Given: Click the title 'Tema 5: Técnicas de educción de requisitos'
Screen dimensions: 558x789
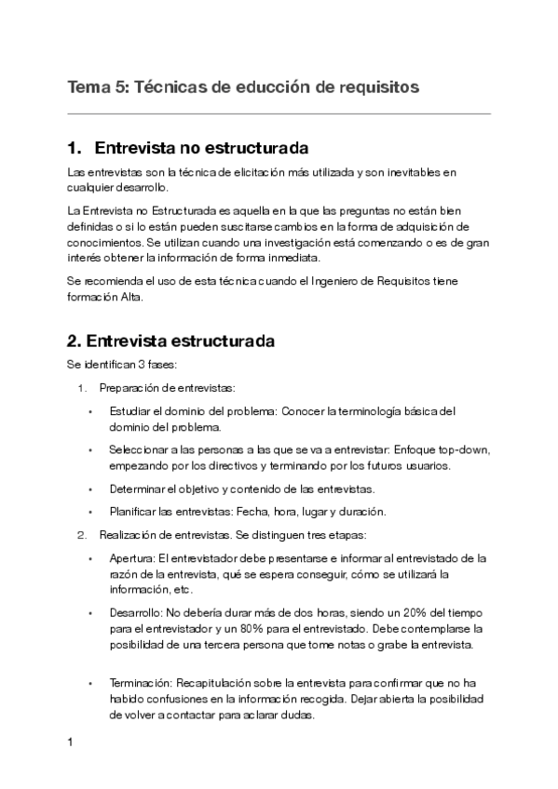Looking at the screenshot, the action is (x=243, y=87).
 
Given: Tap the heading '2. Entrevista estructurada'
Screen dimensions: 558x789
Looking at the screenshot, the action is (x=171, y=341).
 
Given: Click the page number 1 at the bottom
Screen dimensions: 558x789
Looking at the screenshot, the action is (x=71, y=743).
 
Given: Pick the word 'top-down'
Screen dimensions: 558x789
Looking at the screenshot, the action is (x=462, y=449).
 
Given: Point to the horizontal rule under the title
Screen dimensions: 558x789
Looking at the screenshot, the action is (x=279, y=114).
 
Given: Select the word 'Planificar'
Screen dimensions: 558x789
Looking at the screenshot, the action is (x=133, y=511).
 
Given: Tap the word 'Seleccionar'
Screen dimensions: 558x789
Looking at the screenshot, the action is (x=139, y=449).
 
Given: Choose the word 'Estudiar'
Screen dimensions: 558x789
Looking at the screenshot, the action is (x=130, y=411).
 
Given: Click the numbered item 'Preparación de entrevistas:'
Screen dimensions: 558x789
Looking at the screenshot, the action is (x=156, y=387).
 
